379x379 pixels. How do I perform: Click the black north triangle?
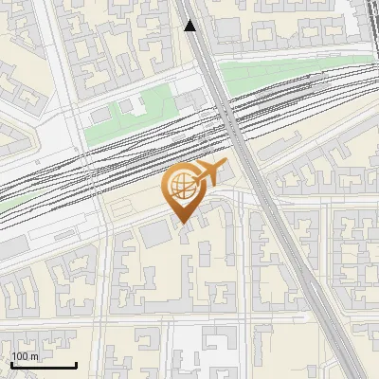[190, 26]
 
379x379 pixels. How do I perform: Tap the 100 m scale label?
[26, 356]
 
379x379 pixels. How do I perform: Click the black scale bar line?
[44, 365]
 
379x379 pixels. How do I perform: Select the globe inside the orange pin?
[183, 189]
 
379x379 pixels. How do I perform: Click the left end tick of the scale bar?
[10, 364]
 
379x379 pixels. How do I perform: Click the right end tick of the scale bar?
[77, 364]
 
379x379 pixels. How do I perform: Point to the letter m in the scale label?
[34, 356]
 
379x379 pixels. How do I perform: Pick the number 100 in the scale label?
[21, 356]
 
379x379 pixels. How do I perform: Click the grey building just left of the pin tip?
[153, 233]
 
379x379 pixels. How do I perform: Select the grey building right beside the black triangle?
[227, 27]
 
